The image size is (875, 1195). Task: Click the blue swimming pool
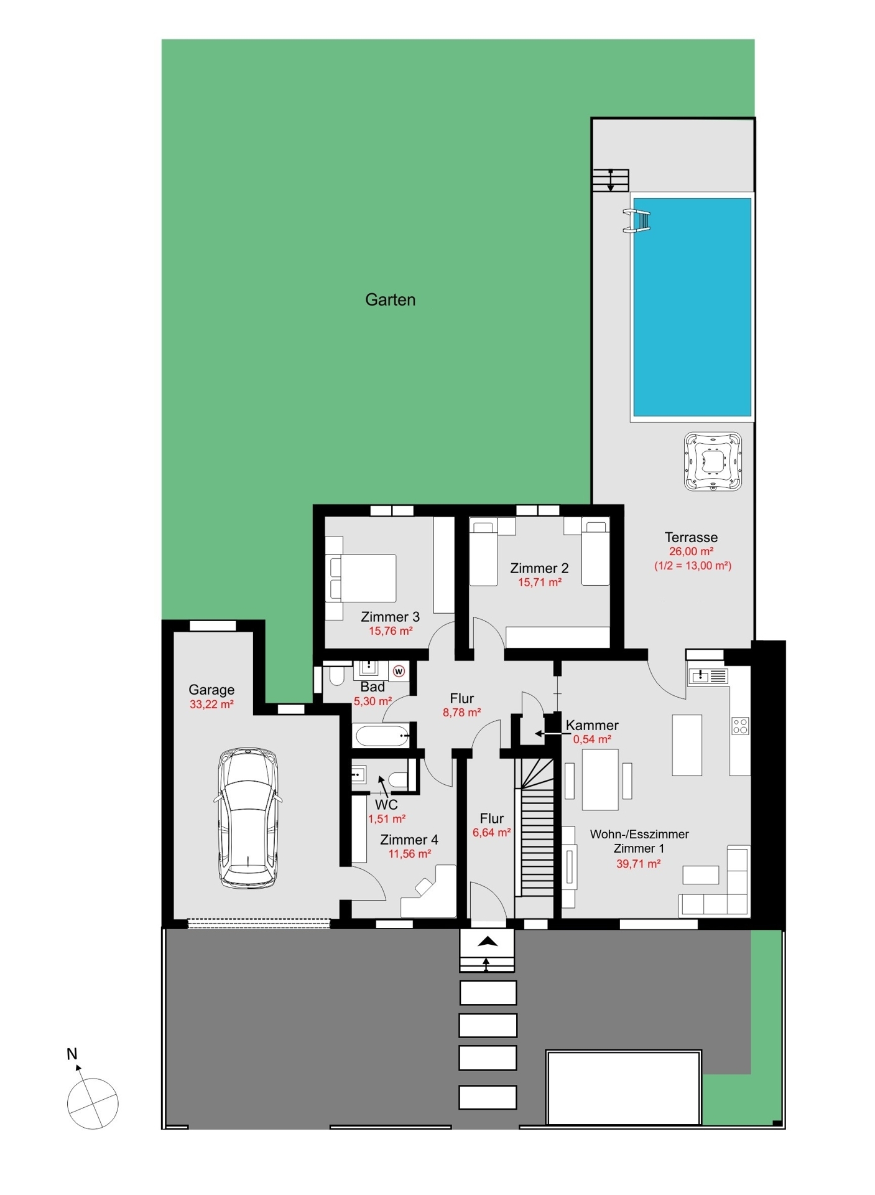click(x=692, y=307)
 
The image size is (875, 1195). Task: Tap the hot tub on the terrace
click(x=713, y=461)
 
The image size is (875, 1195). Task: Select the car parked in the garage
click(x=248, y=818)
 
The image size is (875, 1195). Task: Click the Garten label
click(x=390, y=299)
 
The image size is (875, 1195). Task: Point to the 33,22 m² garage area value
click(x=211, y=705)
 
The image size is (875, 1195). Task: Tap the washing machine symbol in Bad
click(x=399, y=671)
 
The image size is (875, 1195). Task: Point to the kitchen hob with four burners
click(x=740, y=726)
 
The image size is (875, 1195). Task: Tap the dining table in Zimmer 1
click(x=600, y=779)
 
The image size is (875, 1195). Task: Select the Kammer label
click(x=591, y=725)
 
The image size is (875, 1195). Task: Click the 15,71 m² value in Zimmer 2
click(x=540, y=583)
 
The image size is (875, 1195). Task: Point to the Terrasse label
click(x=691, y=537)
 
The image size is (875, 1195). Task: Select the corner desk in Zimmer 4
click(x=430, y=895)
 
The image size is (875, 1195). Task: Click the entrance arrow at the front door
click(x=488, y=942)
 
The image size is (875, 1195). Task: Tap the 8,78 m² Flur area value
click(x=461, y=713)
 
